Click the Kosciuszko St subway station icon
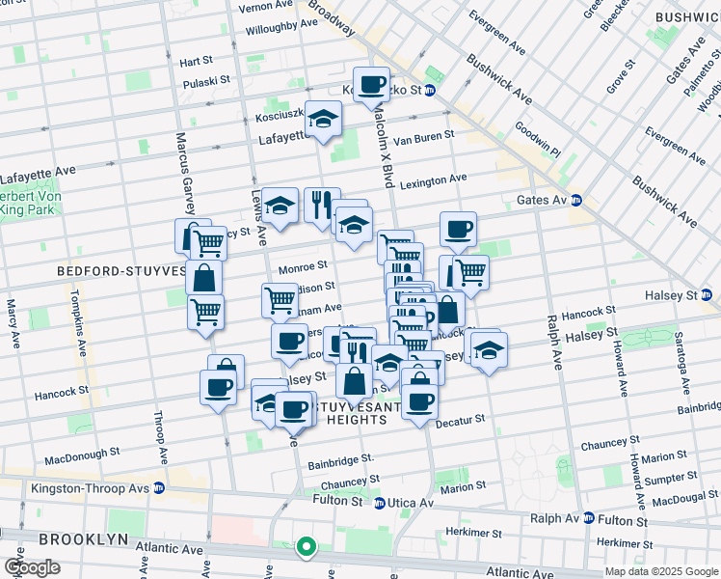[430, 91]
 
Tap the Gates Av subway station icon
[576, 200]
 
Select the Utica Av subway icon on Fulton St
[380, 503]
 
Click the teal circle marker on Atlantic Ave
[307, 547]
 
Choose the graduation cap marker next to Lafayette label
[323, 118]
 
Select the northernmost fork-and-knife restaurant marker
[322, 204]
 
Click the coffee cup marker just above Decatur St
[419, 400]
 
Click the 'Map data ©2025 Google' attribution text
[661, 571]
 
